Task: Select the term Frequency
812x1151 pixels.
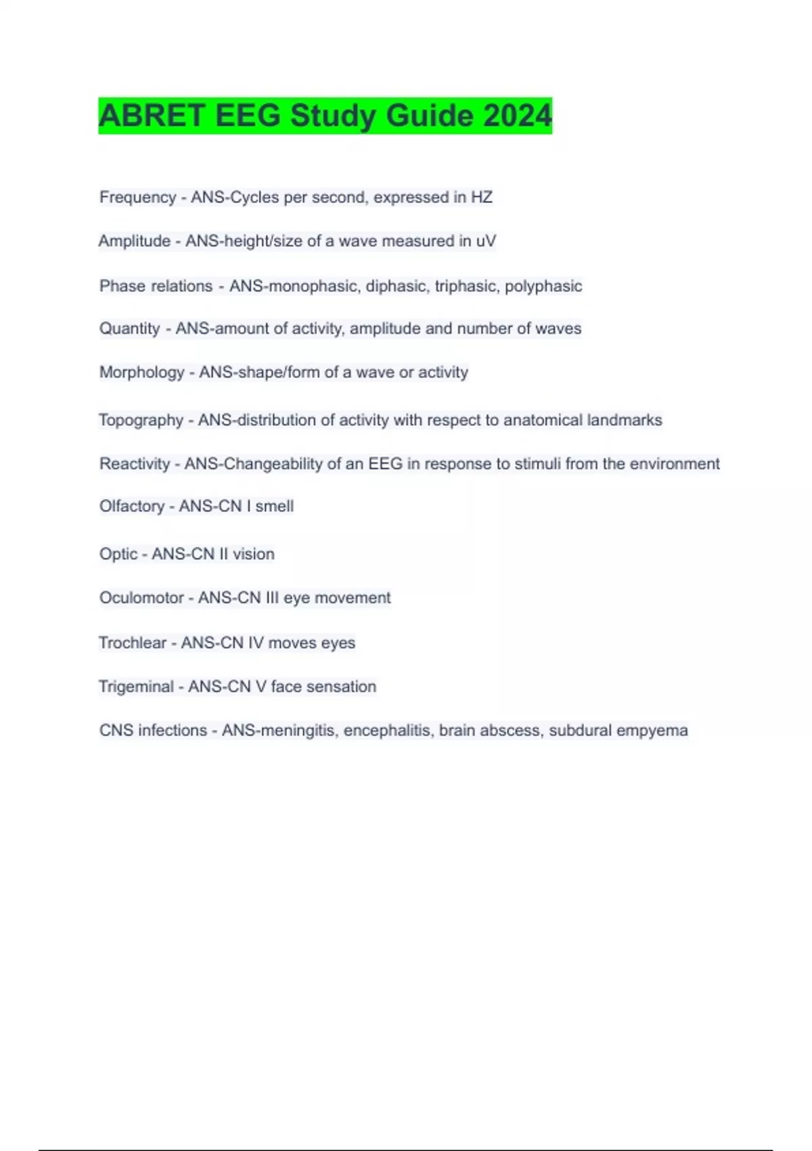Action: [x=137, y=197]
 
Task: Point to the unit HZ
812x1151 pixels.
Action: [x=482, y=197]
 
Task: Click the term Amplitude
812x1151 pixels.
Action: [x=134, y=241]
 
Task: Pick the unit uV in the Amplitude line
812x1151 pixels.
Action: [x=486, y=241]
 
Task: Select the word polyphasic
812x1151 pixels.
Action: [x=543, y=286]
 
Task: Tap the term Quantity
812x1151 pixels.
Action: [x=129, y=329]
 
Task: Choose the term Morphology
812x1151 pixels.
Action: [x=141, y=372]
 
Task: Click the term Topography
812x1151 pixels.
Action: [x=141, y=420]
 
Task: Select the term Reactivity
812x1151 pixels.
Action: [x=135, y=464]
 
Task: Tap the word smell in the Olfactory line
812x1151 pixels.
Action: [x=274, y=506]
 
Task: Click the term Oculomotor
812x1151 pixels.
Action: [x=141, y=598]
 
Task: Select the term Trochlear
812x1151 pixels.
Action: [x=132, y=643]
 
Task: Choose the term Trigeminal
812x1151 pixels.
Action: [x=136, y=687]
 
